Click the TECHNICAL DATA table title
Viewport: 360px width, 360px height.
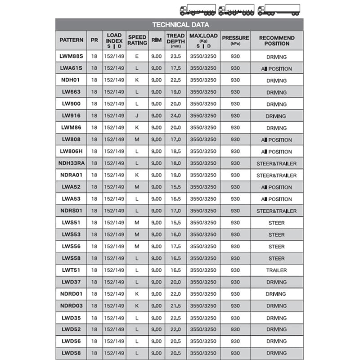coord(180,25)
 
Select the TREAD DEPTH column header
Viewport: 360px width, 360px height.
coord(175,40)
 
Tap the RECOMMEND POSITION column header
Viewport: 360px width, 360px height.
coord(276,40)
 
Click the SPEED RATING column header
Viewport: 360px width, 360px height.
coord(137,40)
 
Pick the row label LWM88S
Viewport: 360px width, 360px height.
coord(72,57)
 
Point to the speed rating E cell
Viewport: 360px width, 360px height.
coord(137,57)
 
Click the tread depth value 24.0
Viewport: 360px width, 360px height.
coord(175,116)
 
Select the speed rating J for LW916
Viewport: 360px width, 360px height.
coord(137,116)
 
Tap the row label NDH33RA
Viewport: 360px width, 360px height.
coord(72,163)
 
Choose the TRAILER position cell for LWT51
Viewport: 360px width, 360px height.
coord(276,270)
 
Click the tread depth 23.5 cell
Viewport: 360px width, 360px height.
coord(175,57)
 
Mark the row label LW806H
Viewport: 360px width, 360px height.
coord(72,152)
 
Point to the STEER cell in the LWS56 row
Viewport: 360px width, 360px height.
coord(276,247)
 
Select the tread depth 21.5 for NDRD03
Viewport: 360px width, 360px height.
coord(175,306)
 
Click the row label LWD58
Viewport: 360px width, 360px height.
coord(72,353)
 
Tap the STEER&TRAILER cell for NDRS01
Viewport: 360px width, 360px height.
coord(276,211)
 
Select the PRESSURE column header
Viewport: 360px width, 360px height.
coord(235,40)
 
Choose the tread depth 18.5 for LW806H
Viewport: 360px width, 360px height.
coord(175,152)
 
